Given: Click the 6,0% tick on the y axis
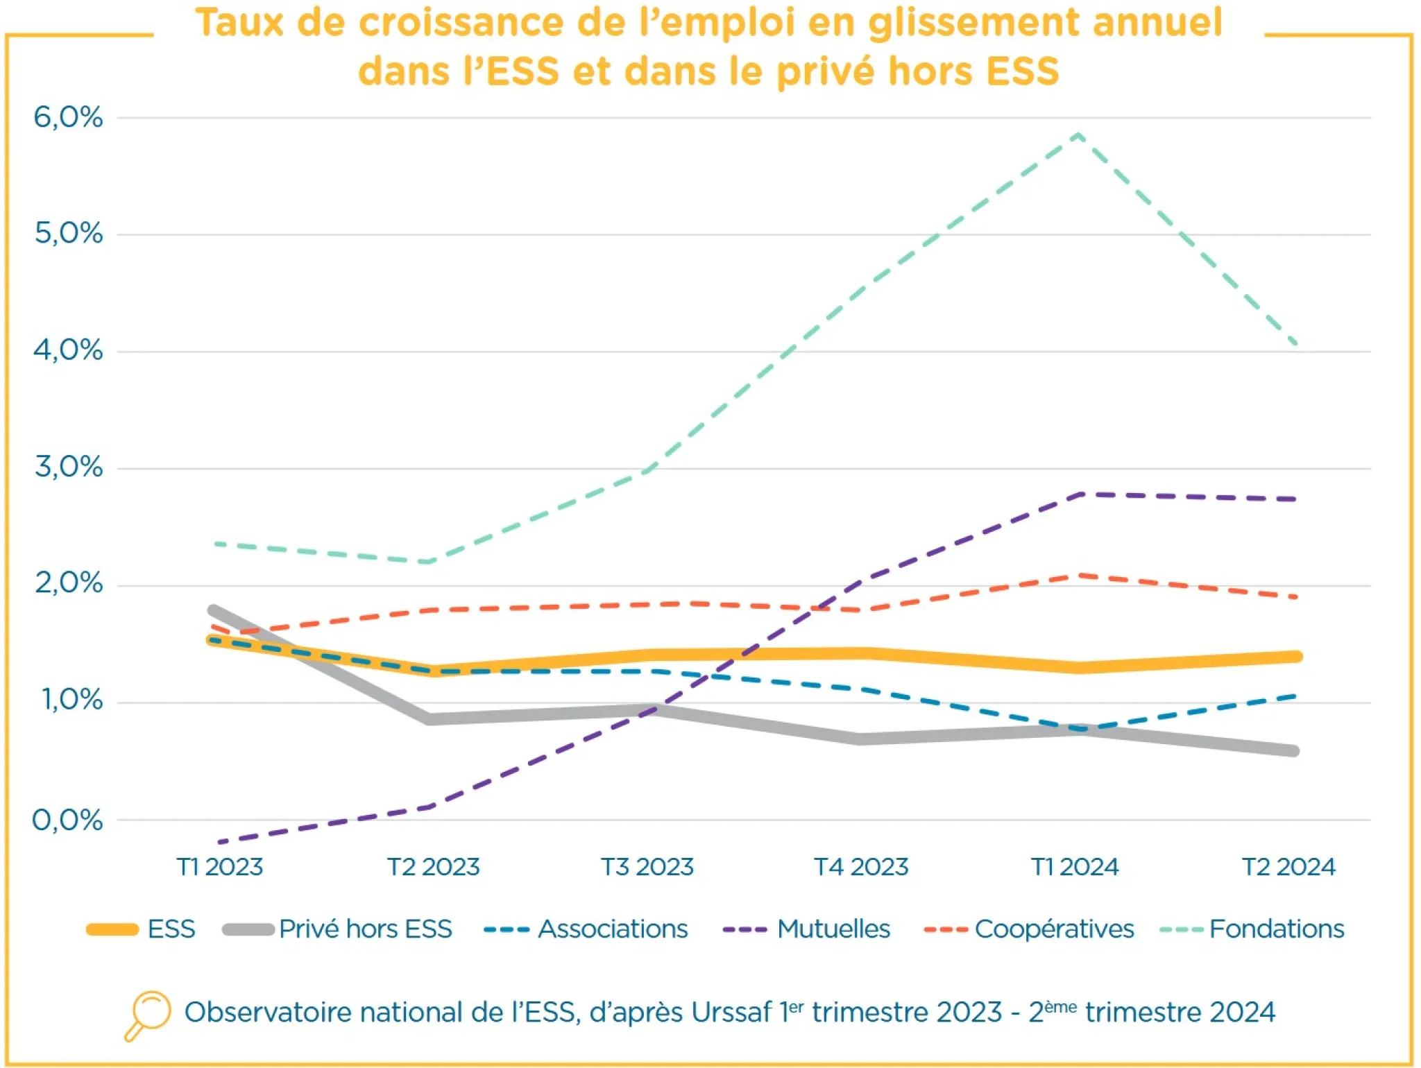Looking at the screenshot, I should (x=68, y=117).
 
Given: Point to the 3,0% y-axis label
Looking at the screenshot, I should (x=68, y=467).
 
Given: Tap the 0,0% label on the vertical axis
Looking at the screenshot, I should (x=68, y=820).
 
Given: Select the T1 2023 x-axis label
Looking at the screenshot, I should (x=219, y=867).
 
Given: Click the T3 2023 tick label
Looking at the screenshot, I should (x=647, y=867).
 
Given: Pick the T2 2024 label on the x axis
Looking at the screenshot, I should (x=1288, y=867).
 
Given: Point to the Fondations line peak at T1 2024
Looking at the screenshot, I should (x=1078, y=135).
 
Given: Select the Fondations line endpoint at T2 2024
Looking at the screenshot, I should (x=1295, y=344).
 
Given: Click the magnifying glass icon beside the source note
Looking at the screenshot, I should (x=148, y=1015).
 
